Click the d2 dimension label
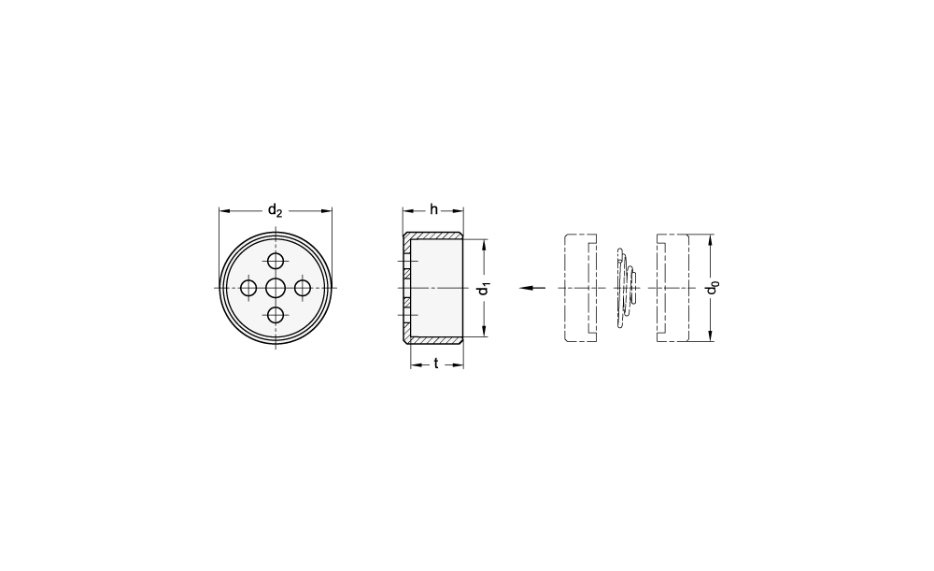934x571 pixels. point(275,210)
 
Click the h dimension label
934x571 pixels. point(433,209)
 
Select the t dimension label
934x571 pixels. point(436,364)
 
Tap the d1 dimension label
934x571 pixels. point(484,289)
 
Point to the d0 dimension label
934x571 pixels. point(712,288)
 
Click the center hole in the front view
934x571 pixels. point(276,289)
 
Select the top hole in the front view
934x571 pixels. point(276,261)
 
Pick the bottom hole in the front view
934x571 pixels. point(276,315)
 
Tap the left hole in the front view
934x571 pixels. point(248,289)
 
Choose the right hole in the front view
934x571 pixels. point(303,289)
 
